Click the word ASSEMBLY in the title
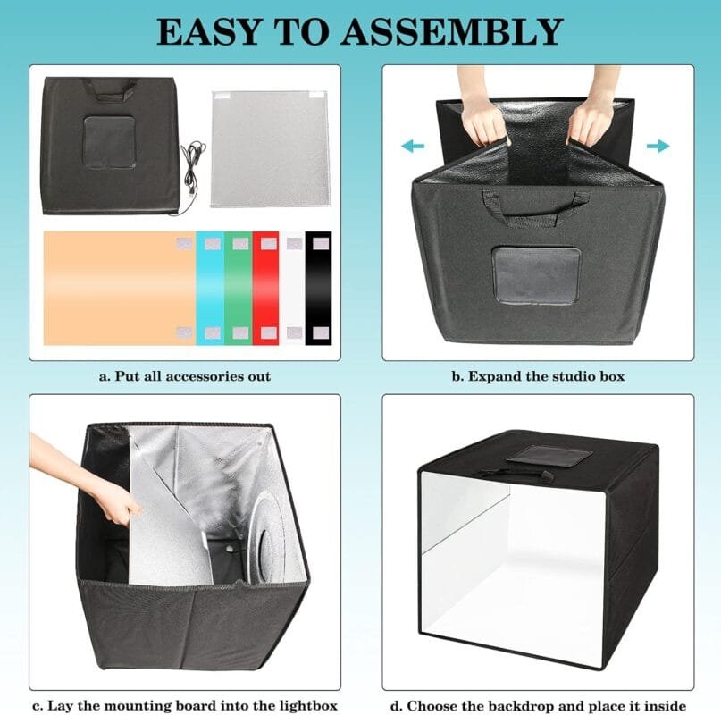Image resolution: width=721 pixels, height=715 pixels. click(452, 32)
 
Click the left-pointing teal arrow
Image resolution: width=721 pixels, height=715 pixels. click(413, 147)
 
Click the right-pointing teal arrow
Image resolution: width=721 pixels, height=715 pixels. click(658, 147)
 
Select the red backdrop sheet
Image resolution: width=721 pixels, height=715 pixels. click(265, 288)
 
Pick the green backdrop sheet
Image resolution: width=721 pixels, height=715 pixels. click(239, 288)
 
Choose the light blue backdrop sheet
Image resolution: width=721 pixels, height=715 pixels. click(210, 288)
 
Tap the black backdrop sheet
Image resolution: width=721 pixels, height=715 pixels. click(318, 288)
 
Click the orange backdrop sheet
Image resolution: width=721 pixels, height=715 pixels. click(120, 288)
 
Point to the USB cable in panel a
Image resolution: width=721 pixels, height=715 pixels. click(191, 175)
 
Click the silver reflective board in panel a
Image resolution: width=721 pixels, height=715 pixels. click(271, 149)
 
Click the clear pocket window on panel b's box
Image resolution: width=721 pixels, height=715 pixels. click(536, 275)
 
